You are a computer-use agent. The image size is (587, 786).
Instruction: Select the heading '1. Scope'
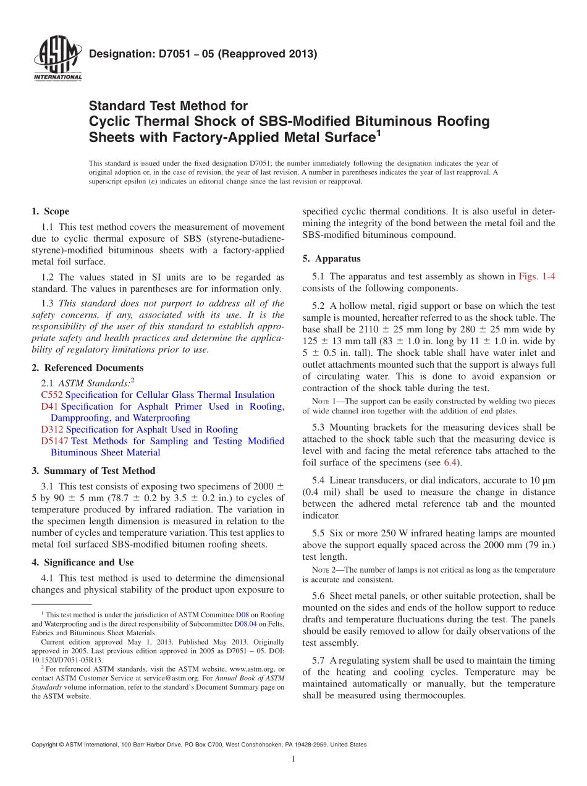(x=50, y=211)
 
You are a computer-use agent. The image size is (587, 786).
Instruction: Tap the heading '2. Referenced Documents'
(x=87, y=368)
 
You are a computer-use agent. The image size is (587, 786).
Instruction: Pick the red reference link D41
(x=49, y=407)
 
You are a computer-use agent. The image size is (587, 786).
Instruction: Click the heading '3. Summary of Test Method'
(x=93, y=471)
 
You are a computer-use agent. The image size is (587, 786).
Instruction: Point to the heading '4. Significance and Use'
(x=82, y=562)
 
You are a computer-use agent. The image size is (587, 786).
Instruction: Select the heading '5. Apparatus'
(x=331, y=258)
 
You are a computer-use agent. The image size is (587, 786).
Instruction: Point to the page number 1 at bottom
(x=293, y=759)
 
